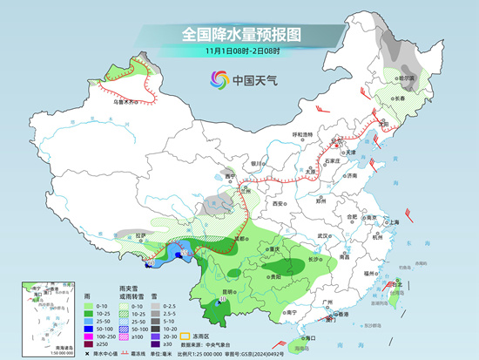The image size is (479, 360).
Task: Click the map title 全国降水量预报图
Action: tap(240, 35)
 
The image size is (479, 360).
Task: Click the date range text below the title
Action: tap(240, 53)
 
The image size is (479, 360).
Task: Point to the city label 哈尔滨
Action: tap(406, 78)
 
